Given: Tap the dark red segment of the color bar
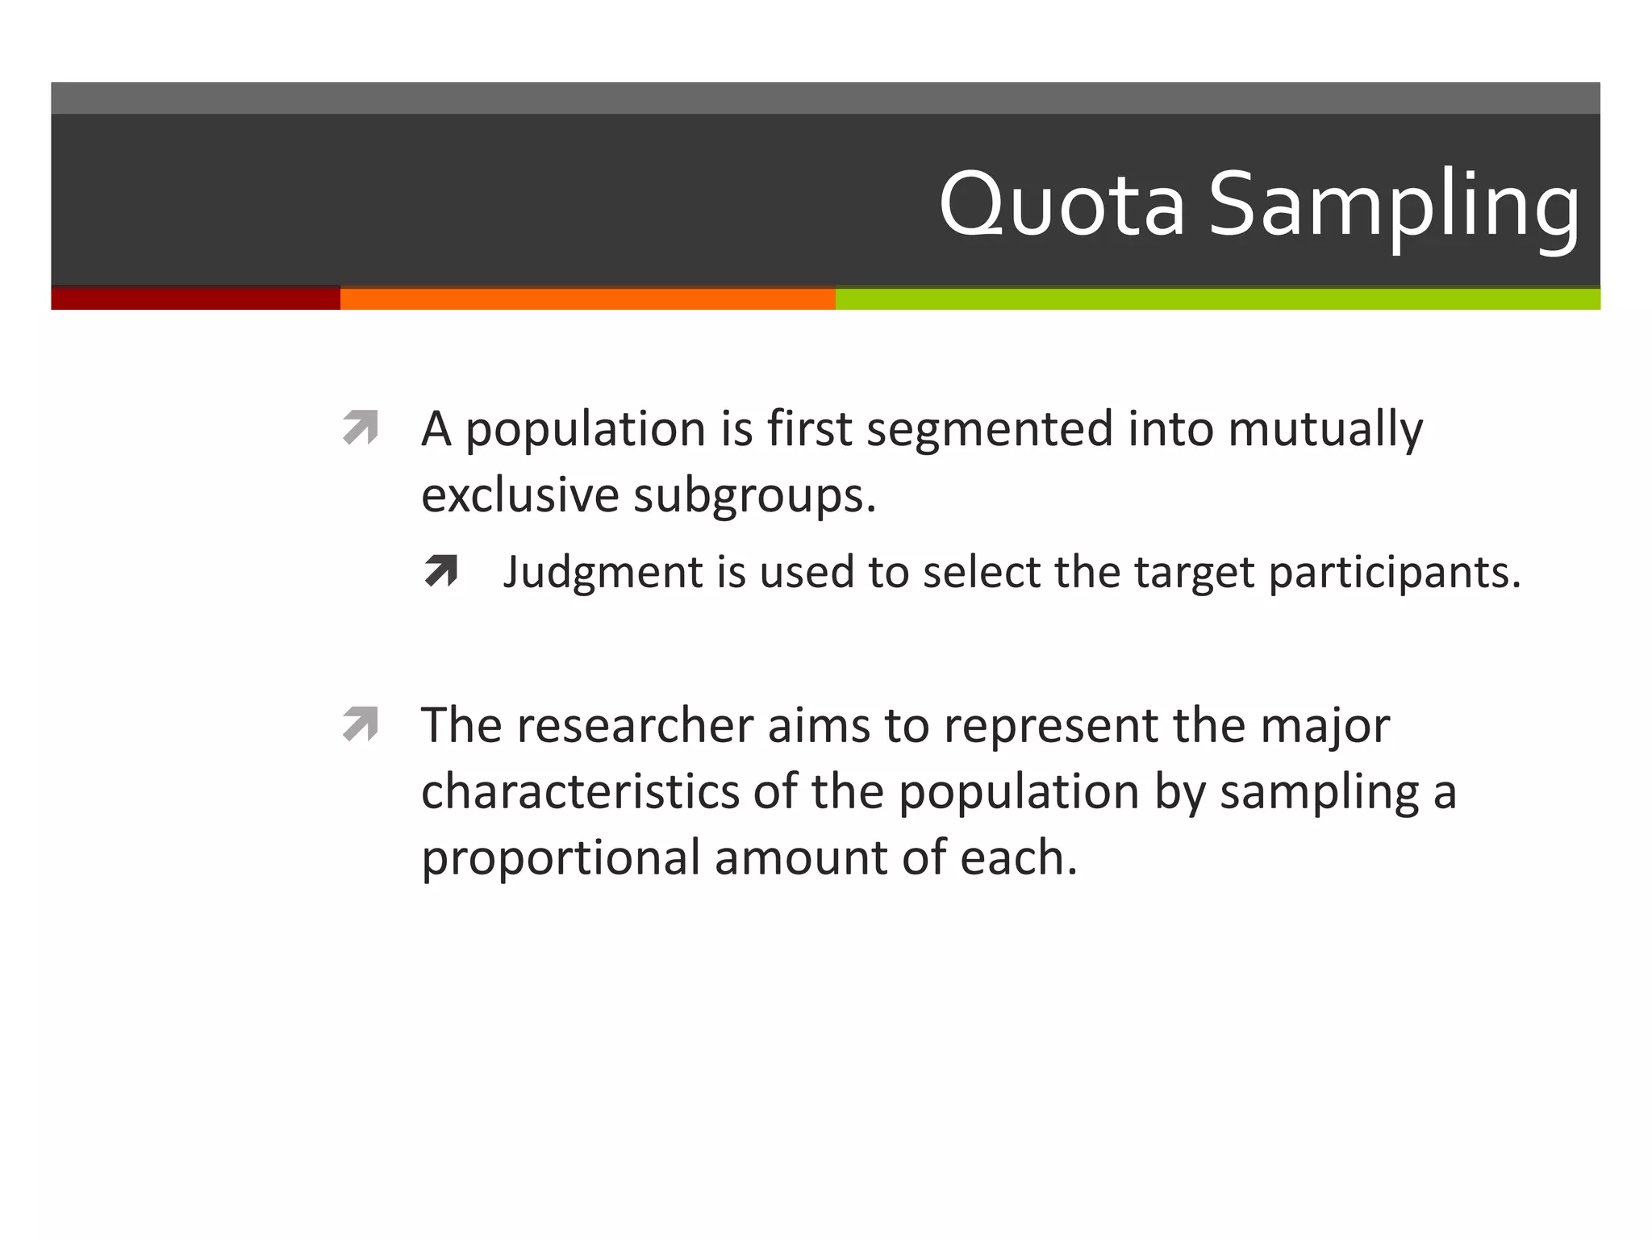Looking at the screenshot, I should click(x=195, y=298).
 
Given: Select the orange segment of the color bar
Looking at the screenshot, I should click(x=587, y=298).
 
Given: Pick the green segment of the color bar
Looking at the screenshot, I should click(x=1217, y=298).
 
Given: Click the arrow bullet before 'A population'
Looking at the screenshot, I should click(x=360, y=427).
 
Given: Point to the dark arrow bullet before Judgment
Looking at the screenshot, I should click(x=441, y=571).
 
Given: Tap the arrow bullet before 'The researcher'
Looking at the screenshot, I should click(x=360, y=723).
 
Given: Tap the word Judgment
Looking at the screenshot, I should click(x=603, y=573).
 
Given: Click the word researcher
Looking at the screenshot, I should click(x=635, y=724).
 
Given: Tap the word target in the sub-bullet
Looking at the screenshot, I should click(x=1194, y=573).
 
